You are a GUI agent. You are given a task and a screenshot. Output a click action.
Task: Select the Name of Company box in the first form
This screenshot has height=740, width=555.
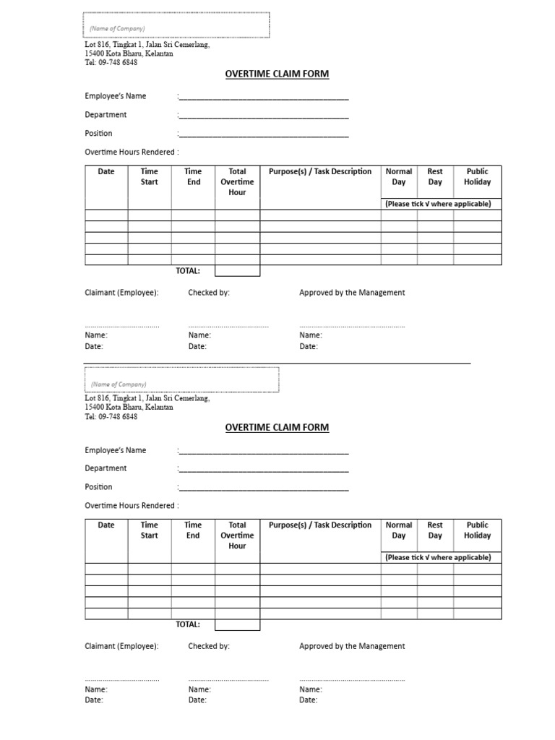(x=176, y=25)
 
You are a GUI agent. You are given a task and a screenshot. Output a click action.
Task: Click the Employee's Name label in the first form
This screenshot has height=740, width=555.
(x=115, y=96)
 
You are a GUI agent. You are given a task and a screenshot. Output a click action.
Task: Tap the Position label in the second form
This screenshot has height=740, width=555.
(x=98, y=487)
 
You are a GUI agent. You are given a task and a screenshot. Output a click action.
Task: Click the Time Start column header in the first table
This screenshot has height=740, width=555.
(x=149, y=177)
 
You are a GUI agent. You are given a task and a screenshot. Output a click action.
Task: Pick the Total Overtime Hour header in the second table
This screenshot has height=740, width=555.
(x=237, y=535)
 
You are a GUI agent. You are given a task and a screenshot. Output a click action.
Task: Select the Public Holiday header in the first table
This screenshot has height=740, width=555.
(x=477, y=177)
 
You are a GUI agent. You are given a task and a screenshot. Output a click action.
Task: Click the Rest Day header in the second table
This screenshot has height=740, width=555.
(x=434, y=530)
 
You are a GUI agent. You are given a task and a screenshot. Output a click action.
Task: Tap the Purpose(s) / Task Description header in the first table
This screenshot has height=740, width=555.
(x=320, y=172)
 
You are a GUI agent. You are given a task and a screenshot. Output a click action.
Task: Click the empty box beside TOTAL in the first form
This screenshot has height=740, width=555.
(x=237, y=271)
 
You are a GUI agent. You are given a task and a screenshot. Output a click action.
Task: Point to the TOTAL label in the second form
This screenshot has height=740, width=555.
(x=187, y=624)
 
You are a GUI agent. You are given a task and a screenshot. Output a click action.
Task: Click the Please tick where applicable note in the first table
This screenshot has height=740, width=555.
(x=438, y=204)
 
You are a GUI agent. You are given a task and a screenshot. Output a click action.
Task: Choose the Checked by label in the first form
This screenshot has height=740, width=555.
(x=209, y=293)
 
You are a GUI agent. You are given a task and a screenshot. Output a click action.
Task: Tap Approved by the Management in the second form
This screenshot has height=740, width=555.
(x=352, y=646)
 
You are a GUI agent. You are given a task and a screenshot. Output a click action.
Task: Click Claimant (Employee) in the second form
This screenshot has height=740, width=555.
(x=121, y=646)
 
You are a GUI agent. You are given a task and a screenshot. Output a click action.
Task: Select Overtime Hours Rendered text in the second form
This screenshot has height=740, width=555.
(x=132, y=506)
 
